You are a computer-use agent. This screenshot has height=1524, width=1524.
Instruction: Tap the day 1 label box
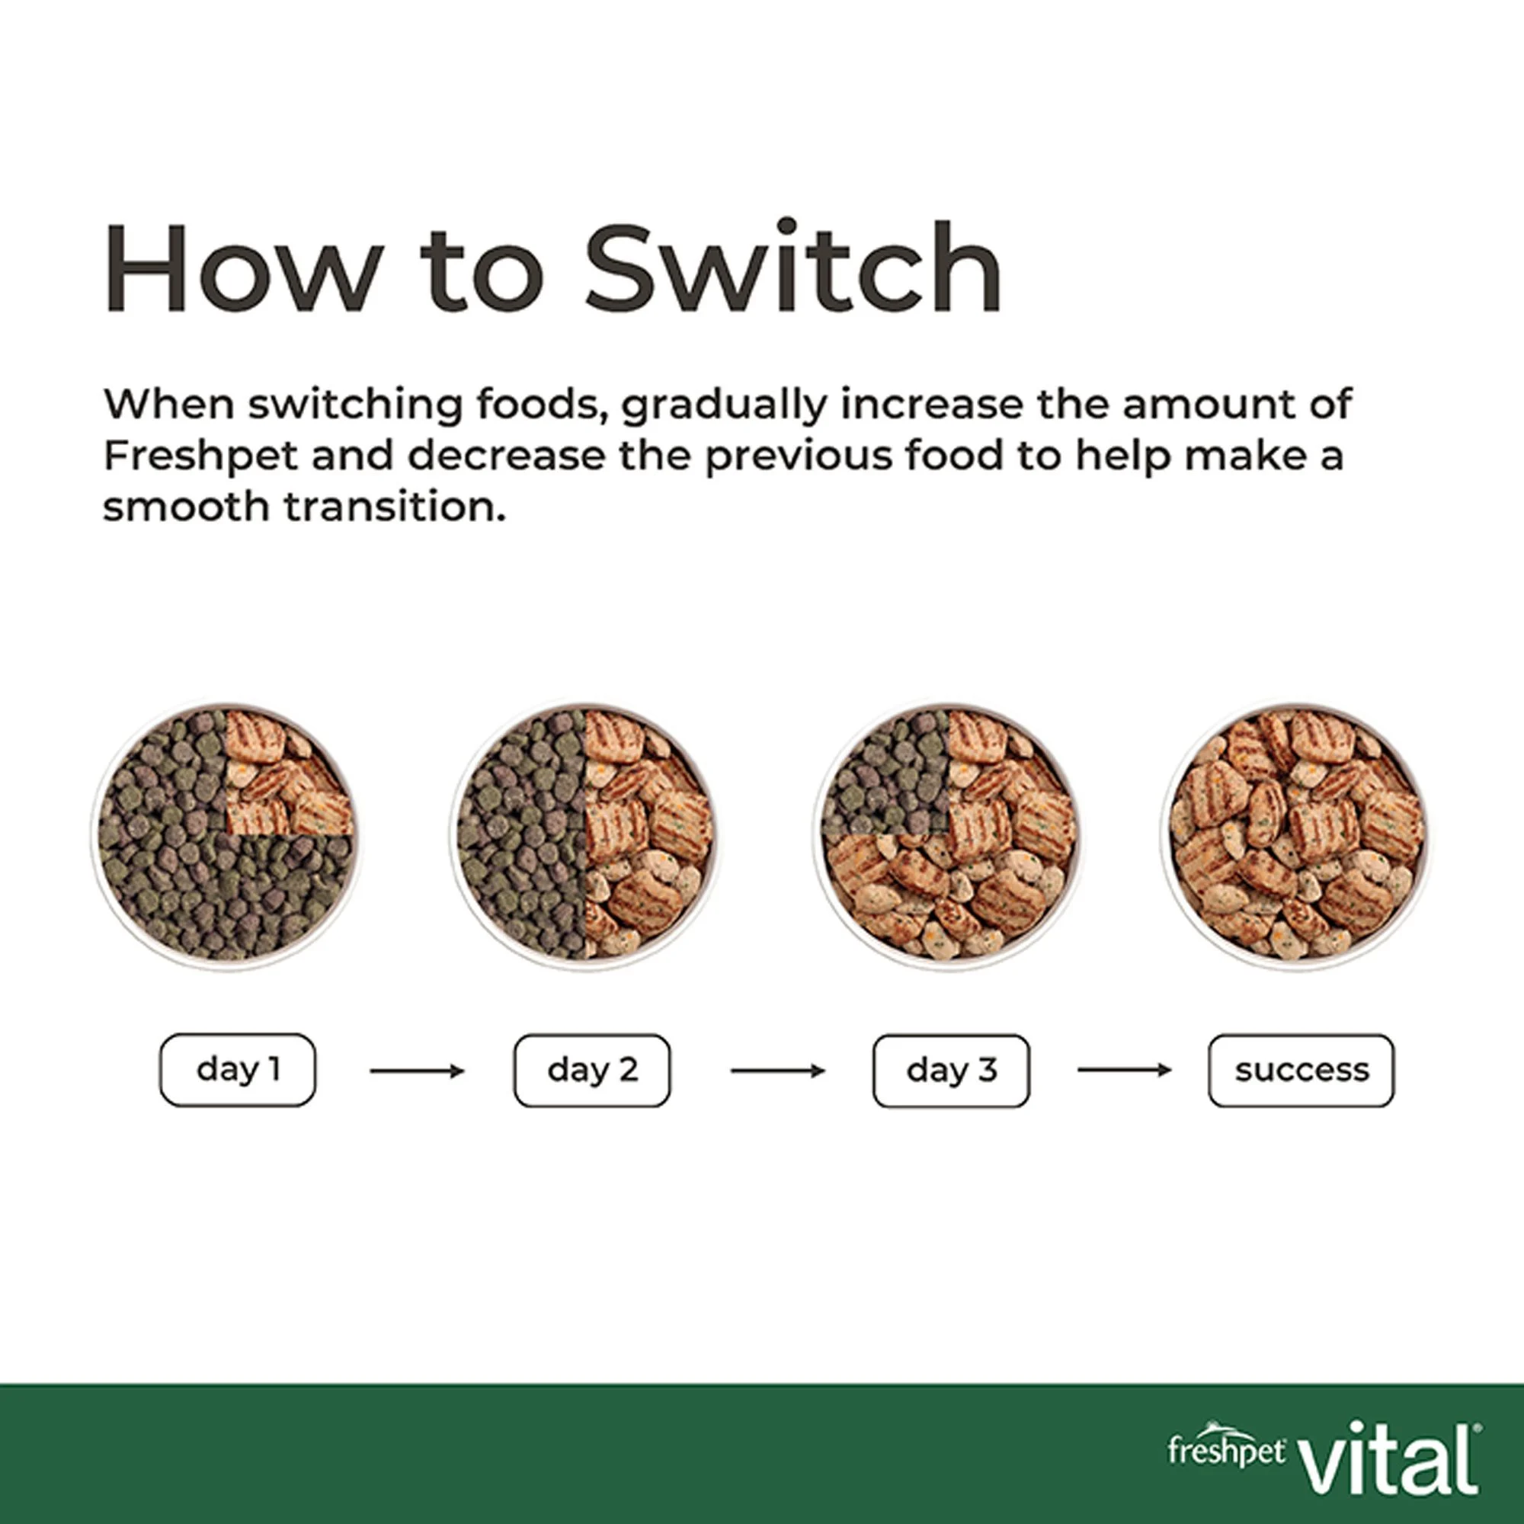238,1070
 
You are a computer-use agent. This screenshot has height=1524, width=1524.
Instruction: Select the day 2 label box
592,1071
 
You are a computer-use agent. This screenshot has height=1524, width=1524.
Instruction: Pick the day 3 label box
951,1071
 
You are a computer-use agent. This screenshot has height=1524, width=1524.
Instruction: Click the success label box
1301,1071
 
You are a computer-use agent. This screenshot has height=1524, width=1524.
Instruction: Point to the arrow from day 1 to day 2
418,1071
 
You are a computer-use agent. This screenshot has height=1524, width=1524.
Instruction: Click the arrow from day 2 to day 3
778,1071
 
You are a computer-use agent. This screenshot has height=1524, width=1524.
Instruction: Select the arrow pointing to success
1125,1070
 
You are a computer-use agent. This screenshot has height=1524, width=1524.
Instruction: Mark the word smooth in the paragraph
187,507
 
